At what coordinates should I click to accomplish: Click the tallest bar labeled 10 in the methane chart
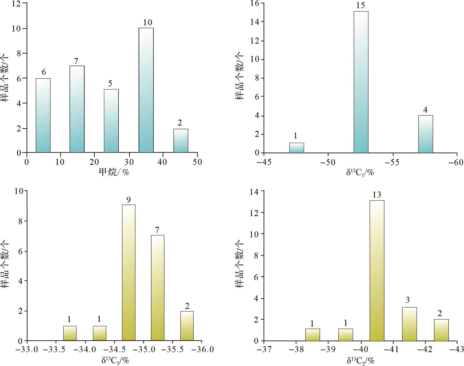[x=146, y=90]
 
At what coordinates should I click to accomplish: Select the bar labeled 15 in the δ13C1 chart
[x=361, y=82]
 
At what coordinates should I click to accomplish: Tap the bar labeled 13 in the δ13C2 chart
[x=377, y=271]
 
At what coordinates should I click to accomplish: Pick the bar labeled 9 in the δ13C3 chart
[x=129, y=273]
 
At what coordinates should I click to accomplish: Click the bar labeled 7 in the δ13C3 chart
[x=157, y=288]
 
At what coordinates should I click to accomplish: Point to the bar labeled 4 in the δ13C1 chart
[x=425, y=134]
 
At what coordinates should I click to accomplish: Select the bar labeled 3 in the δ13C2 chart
[x=409, y=324]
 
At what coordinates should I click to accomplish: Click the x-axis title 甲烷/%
[x=114, y=172]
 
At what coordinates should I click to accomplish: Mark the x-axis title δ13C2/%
[x=360, y=360]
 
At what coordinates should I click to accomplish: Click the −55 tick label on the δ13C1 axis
[x=393, y=163]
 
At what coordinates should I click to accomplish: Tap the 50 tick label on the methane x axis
[x=197, y=162]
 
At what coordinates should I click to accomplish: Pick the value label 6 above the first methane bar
[x=44, y=72]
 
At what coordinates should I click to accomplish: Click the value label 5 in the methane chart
[x=110, y=83]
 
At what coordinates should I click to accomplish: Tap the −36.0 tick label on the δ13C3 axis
[x=202, y=349]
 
